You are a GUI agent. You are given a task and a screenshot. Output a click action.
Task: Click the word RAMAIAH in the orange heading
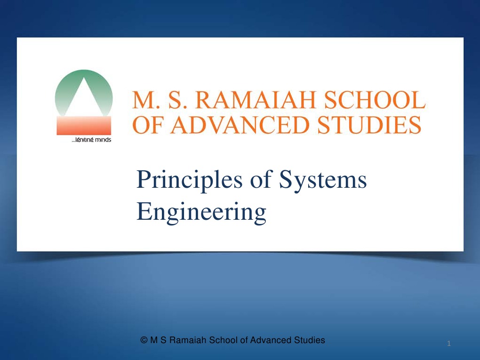click(256, 100)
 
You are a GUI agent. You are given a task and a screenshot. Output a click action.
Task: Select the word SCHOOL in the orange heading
click(375, 100)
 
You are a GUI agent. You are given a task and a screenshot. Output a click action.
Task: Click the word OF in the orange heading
click(148, 125)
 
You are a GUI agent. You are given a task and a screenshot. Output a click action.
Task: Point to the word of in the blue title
click(261, 179)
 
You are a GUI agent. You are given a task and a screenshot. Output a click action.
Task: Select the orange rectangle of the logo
click(84, 126)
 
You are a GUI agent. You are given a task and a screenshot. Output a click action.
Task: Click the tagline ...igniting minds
click(91, 140)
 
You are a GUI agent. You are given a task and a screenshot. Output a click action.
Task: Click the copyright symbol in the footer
click(144, 340)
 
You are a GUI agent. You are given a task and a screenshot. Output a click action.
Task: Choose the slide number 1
click(449, 344)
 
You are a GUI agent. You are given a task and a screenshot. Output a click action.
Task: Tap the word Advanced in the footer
click(271, 340)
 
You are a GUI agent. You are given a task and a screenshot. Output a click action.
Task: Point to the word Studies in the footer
click(310, 340)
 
